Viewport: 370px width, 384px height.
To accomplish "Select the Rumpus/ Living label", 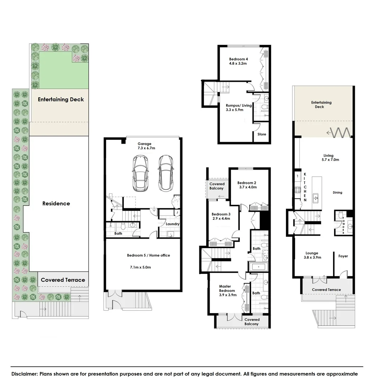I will click(239, 108).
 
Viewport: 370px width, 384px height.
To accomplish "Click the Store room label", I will click(262, 134).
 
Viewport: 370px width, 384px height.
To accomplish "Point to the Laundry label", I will click(172, 224).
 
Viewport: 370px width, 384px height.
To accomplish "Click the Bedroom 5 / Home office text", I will click(148, 255).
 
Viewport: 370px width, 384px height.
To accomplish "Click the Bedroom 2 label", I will click(247, 185).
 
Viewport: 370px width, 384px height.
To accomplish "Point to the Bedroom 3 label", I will click(221, 216).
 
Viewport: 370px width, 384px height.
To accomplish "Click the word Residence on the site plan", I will click(56, 203).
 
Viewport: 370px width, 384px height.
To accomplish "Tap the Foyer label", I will click(343, 256).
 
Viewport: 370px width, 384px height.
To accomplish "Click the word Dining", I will click(337, 193).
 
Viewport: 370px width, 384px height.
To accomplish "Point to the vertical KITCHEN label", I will click(305, 187).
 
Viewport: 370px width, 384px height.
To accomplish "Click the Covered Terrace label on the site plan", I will click(63, 280).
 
